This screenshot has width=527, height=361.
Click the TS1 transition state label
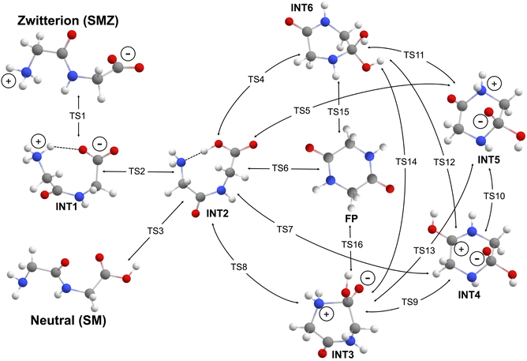77,116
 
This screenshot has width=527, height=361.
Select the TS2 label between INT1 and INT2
136,171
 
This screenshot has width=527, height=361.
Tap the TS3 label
155,231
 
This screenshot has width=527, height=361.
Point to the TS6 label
280,168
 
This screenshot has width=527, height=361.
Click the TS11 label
413,55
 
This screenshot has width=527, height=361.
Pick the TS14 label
406,162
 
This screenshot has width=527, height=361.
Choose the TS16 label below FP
352,244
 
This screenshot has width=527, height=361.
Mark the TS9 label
409,302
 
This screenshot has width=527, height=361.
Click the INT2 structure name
218,213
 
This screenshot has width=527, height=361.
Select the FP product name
352,219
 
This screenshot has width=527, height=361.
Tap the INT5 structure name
489,160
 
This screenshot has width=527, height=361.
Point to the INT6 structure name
302,8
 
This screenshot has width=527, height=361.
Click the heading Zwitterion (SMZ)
68,21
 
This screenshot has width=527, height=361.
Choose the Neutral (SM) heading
69,320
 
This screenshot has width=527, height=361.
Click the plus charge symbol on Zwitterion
9,81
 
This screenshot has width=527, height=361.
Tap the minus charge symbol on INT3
368,278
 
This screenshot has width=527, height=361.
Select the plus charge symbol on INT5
494,84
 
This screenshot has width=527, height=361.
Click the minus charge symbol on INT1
99,144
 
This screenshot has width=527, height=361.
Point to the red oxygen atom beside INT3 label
323,353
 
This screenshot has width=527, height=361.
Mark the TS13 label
424,250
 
